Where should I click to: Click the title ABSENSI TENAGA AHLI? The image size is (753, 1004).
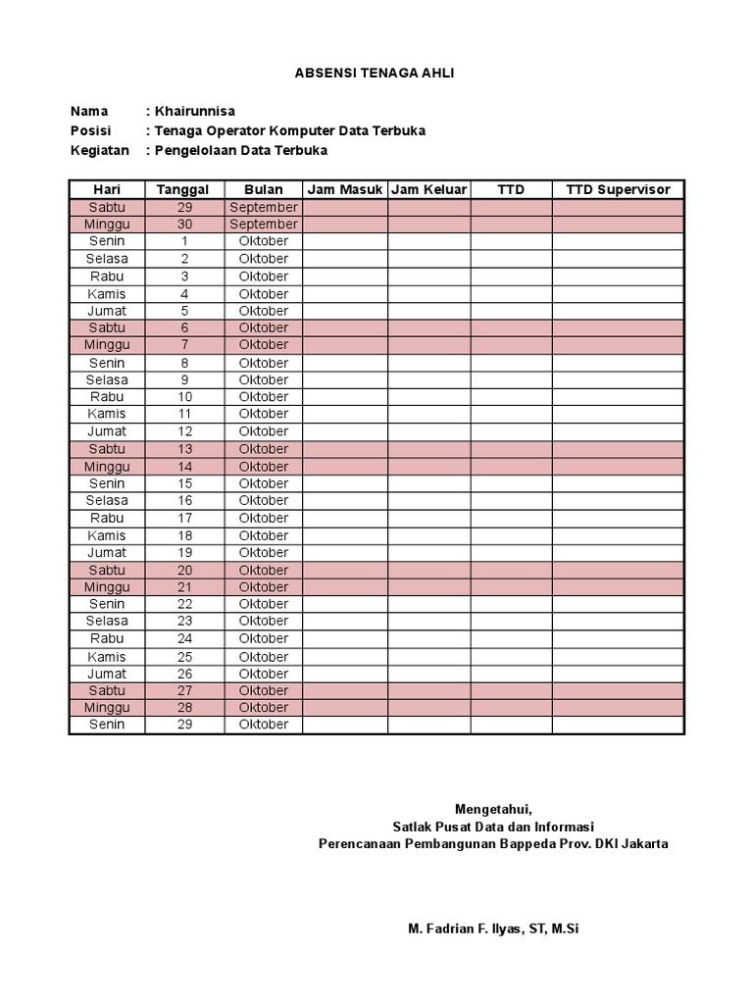[376, 74]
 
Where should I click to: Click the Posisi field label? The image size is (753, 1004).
[91, 130]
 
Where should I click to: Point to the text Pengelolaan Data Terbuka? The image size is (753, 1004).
[239, 150]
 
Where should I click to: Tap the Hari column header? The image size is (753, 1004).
[106, 189]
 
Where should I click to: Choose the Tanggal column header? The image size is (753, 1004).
[184, 189]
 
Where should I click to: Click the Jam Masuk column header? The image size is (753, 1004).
[344, 189]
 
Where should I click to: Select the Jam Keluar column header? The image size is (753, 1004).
[428, 189]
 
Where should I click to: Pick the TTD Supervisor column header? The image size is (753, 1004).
[618, 189]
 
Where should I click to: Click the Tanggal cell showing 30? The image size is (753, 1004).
[184, 224]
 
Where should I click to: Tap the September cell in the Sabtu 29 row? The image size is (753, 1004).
[263, 207]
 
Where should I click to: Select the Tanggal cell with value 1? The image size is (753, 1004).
[184, 241]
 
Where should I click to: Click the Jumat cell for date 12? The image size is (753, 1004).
[106, 431]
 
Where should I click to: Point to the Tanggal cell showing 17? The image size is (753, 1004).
[184, 518]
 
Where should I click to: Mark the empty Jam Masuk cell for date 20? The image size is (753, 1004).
[344, 570]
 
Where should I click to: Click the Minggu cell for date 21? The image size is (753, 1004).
[106, 586]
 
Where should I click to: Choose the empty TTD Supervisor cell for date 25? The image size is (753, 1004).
[618, 656]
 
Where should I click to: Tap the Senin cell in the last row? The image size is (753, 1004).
[106, 725]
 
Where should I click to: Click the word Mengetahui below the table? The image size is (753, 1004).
[493, 809]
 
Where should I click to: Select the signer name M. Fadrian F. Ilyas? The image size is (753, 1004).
[493, 928]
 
